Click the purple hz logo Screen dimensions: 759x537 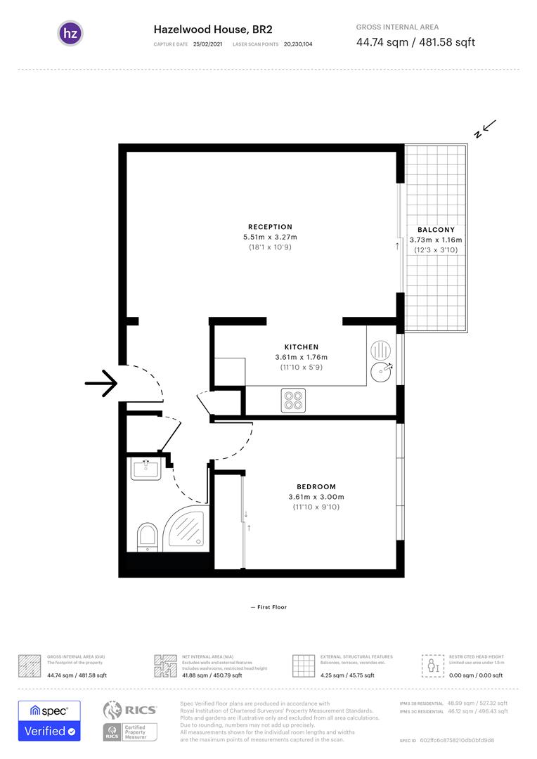tap(70, 33)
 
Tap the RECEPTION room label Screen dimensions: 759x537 tap(270, 227)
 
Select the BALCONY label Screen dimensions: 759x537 tap(436, 230)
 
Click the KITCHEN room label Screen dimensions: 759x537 tap(301, 347)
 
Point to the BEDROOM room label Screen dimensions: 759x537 tap(316, 486)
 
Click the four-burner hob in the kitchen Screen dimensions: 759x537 tap(292, 400)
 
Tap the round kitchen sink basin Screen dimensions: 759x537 tap(381, 370)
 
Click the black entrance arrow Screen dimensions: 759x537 tap(101, 383)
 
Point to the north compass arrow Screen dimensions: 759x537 tap(486, 129)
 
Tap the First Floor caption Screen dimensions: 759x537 tap(268, 607)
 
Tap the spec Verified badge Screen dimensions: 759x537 tap(49, 720)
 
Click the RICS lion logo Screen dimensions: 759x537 tap(115, 711)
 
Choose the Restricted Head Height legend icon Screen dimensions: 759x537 tap(430, 665)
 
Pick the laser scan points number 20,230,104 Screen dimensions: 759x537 tap(298, 44)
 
